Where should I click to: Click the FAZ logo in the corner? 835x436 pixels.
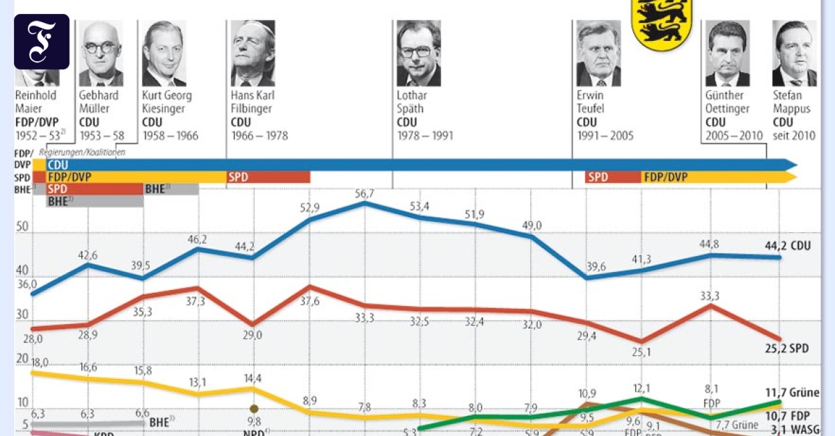tap(42, 41)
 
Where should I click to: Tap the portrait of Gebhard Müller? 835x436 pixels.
tap(101, 53)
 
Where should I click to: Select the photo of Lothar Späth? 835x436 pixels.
tap(419, 53)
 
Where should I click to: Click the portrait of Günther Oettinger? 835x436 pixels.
tap(727, 53)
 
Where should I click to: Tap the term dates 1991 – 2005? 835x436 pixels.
tap(605, 136)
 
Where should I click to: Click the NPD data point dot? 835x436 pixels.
tap(254, 409)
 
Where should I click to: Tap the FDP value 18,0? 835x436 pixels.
tap(40, 362)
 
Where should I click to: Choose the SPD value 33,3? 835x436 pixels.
tap(709, 296)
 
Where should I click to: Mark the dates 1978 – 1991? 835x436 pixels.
tap(424, 136)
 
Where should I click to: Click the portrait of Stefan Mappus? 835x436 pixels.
tap(794, 53)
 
